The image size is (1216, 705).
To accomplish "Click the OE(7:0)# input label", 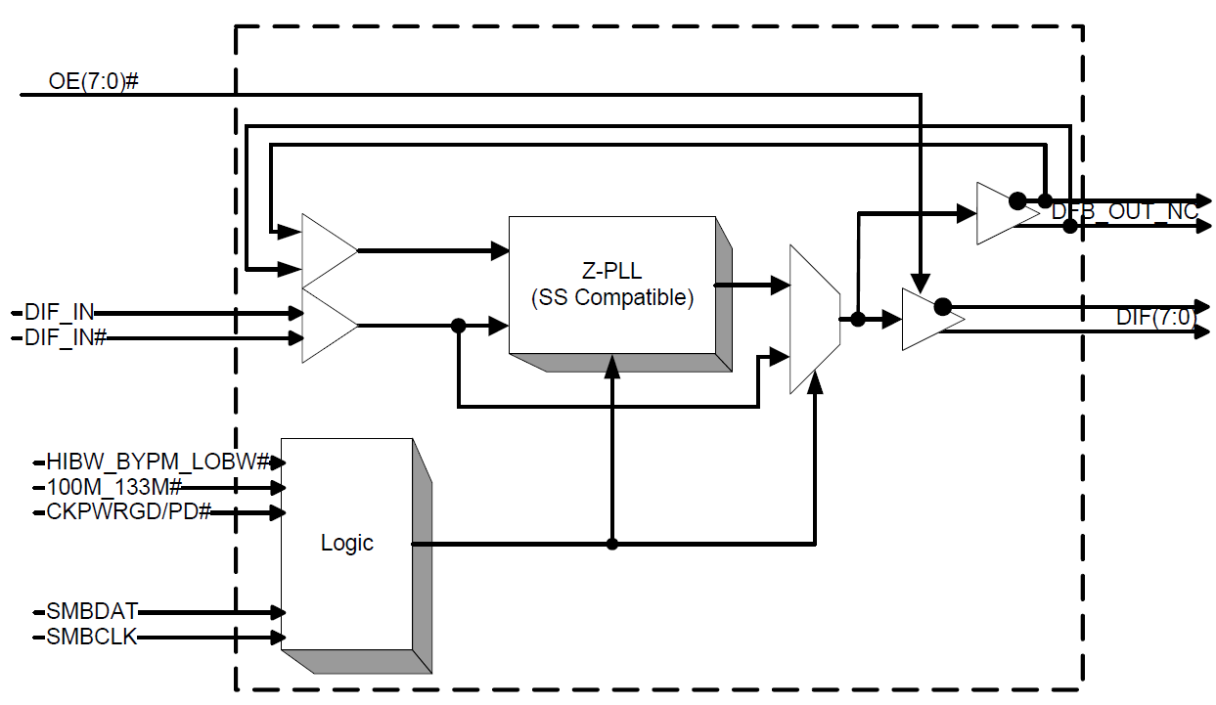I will tap(93, 80).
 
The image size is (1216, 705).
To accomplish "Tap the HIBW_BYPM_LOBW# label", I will tap(158, 461).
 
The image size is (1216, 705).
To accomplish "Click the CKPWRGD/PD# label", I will tap(128, 511).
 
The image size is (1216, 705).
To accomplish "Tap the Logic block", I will tap(346, 543).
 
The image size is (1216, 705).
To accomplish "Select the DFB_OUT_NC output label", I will tap(1124, 211).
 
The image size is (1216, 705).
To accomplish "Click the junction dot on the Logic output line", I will tap(612, 544).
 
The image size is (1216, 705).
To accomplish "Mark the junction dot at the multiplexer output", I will tap(857, 319).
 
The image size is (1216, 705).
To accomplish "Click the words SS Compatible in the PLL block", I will tap(612, 298).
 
